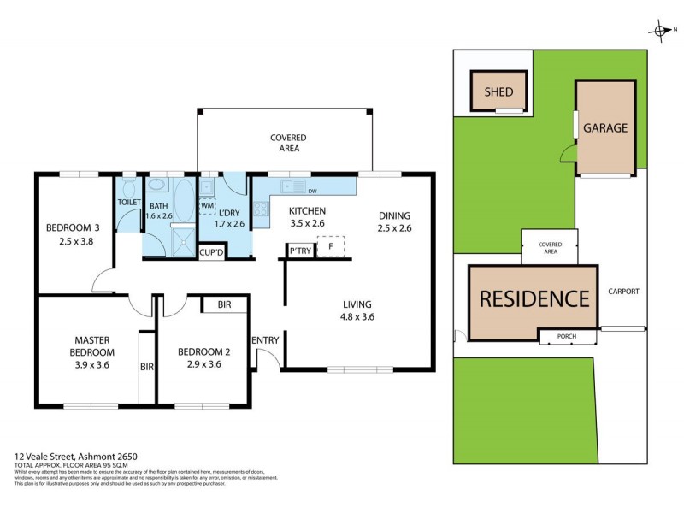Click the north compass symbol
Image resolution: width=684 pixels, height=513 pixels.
[x=662, y=32]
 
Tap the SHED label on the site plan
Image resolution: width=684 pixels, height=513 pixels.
[x=498, y=91]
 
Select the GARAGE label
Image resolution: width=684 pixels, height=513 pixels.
[x=605, y=128]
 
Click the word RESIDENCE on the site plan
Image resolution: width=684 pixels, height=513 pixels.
[x=534, y=299]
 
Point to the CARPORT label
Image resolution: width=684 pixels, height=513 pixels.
[x=623, y=292]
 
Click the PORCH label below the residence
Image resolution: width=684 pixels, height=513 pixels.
[x=566, y=336]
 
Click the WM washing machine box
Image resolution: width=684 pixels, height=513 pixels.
[x=207, y=206]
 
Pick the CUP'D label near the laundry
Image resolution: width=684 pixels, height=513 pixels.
[x=210, y=252]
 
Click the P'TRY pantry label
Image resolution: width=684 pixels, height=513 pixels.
[x=298, y=251]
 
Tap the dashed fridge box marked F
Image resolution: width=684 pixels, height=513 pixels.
[x=330, y=246]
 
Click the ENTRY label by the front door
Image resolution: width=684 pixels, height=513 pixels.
[x=265, y=340]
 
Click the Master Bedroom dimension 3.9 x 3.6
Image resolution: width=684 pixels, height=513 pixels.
[x=92, y=364]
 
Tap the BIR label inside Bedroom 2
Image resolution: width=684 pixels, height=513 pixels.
[x=224, y=304]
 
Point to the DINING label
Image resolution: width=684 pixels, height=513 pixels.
[x=394, y=215]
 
